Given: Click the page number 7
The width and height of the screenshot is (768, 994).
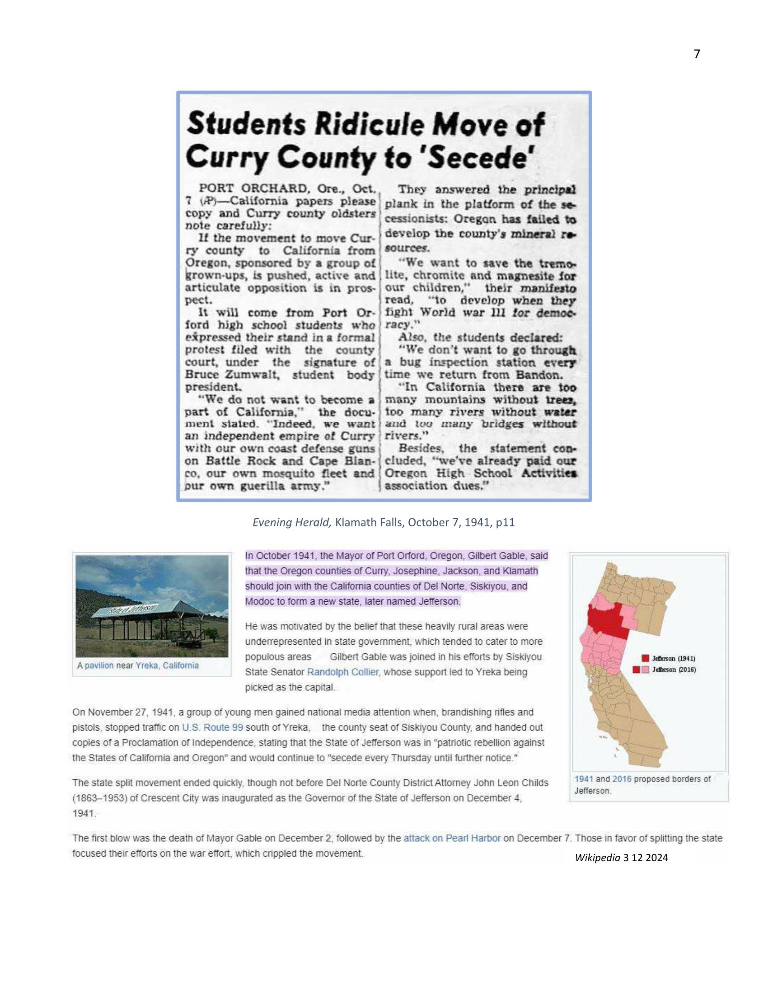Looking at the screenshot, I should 697,54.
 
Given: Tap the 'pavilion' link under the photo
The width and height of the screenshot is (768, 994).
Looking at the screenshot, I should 99,666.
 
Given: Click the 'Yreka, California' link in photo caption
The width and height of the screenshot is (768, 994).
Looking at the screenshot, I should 167,666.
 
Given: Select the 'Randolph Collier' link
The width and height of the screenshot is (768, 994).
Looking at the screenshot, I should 342,672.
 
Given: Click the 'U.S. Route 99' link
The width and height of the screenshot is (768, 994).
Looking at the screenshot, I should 212,727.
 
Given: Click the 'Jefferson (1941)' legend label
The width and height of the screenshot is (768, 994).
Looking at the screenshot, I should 674,658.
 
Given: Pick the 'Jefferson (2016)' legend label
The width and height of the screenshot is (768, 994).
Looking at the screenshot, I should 674,670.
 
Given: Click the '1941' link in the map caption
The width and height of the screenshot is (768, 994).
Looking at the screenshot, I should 583,779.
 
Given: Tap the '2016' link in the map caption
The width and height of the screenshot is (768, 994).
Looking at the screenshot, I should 622,779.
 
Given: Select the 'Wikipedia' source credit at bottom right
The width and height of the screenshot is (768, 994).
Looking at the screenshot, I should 597,858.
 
